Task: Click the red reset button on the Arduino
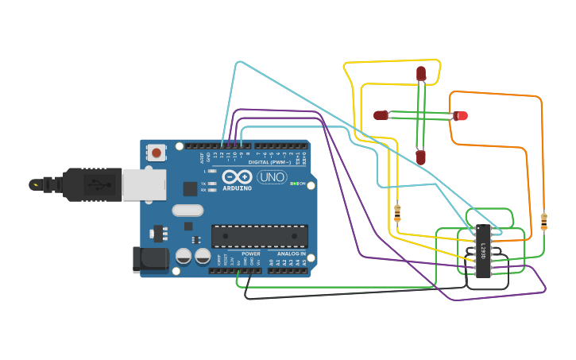[157, 153]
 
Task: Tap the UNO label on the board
[273, 177]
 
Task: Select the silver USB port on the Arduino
[145, 184]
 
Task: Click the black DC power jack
[150, 258]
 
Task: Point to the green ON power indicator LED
[294, 184]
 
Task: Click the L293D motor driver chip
[481, 250]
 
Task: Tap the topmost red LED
[421, 74]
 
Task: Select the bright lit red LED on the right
[461, 116]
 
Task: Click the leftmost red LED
[381, 115]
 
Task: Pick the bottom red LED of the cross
[420, 157]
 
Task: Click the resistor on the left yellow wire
[397, 212]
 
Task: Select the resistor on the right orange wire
[543, 221]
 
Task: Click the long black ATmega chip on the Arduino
[259, 235]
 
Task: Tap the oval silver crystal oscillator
[187, 211]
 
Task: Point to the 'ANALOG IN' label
[292, 254]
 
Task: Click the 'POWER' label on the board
[251, 254]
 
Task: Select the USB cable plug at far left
[48, 185]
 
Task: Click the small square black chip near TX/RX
[190, 188]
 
